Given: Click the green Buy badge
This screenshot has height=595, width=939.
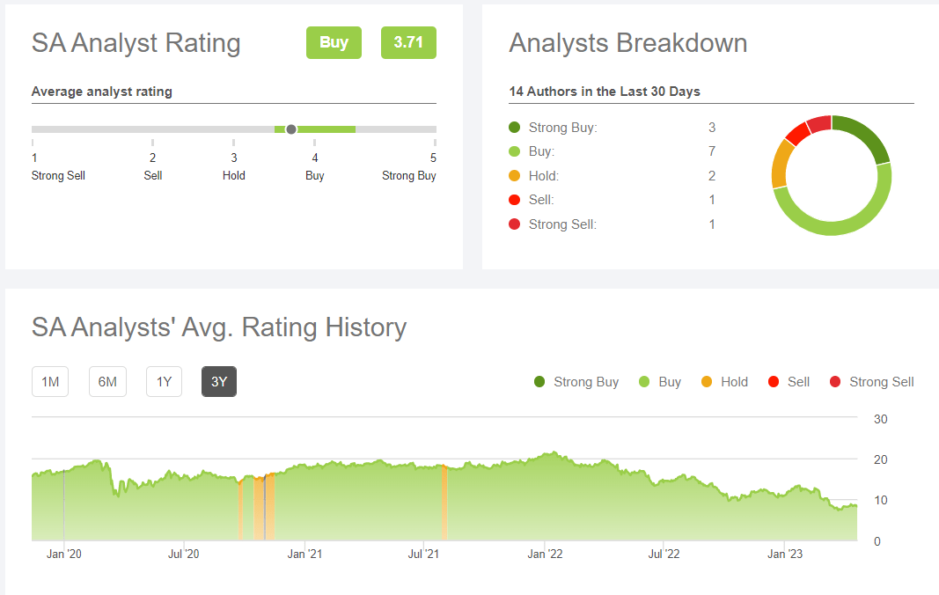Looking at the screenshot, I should click(x=334, y=42).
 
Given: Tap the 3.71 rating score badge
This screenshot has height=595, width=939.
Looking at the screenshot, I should click(x=408, y=42).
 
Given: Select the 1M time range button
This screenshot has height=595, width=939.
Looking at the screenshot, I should click(x=50, y=381).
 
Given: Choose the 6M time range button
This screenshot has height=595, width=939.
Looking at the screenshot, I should click(x=107, y=381).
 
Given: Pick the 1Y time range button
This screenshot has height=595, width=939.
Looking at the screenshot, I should click(x=164, y=381).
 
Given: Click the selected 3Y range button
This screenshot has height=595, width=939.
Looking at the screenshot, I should click(x=219, y=381).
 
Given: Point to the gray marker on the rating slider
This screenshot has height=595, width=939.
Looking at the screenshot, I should click(x=291, y=129).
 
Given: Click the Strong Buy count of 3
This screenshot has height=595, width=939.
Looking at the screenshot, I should click(x=712, y=128).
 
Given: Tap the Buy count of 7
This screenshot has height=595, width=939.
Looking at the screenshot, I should click(x=712, y=151).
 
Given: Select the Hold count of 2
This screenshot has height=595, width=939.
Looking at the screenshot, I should click(x=712, y=176).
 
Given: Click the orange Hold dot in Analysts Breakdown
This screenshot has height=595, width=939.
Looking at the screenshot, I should click(x=515, y=176).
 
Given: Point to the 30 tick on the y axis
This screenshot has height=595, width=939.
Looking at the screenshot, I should click(x=880, y=419).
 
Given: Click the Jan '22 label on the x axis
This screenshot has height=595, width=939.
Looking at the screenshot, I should click(x=546, y=554).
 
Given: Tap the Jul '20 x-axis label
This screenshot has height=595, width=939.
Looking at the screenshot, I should click(x=183, y=554).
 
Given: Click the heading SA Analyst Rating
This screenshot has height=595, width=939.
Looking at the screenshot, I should click(x=136, y=43).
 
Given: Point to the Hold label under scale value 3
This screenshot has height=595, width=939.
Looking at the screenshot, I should click(x=234, y=175).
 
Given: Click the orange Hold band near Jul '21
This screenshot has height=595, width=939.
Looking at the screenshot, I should click(x=444, y=502).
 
